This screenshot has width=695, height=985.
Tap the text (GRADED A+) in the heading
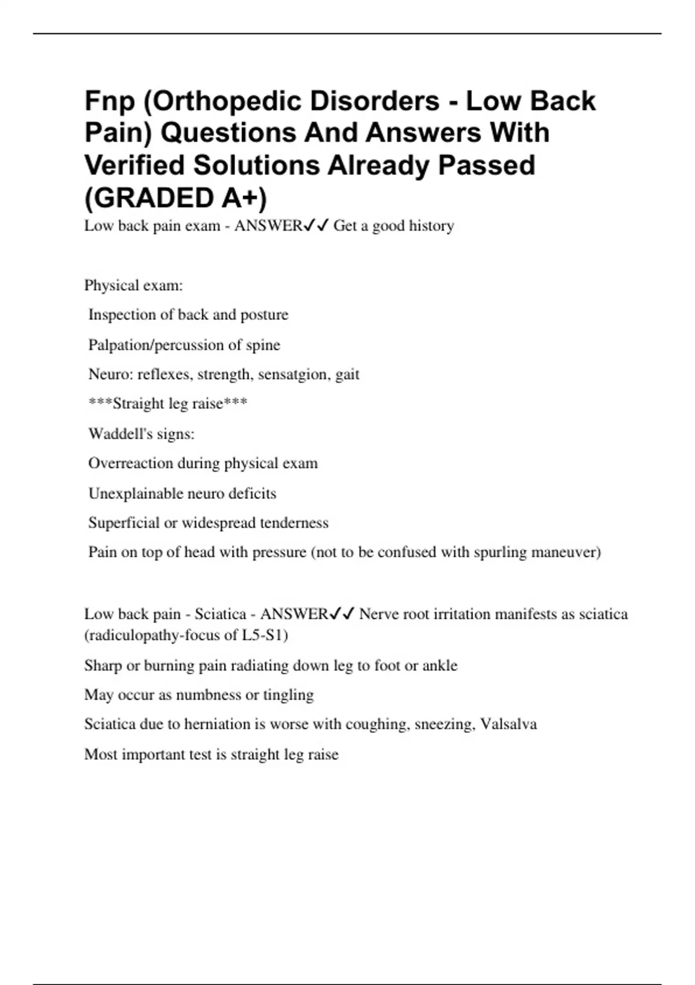pyautogui.click(x=176, y=198)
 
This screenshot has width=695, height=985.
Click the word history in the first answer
pyautogui.click(x=431, y=225)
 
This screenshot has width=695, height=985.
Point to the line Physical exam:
pyautogui.click(x=134, y=285)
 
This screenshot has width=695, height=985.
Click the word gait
pyautogui.click(x=348, y=374)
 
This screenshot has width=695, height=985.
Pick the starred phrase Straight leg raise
pyautogui.click(x=168, y=403)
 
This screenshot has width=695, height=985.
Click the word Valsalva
pyautogui.click(x=509, y=724)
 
